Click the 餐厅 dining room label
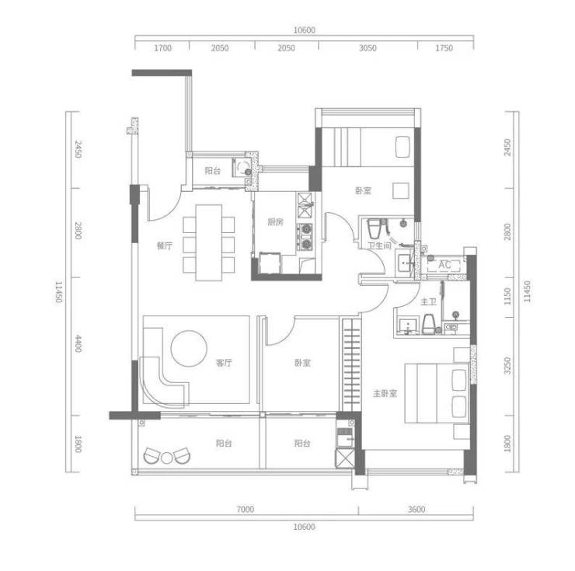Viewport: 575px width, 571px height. pos(164,245)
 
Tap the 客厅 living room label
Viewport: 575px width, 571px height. pos(224,363)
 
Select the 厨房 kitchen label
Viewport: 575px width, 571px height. pos(275,222)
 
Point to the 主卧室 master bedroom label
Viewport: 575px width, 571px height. pos(385,394)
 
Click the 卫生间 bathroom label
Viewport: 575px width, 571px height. pos(380,245)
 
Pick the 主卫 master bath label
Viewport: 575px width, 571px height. pos(428,302)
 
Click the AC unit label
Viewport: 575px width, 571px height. pos(444,265)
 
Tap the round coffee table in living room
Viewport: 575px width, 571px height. pos(189,348)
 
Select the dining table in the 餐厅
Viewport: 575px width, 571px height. pos(209,242)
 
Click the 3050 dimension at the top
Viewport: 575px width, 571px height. pos(368,48)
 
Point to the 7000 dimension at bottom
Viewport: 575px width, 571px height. pos(246,510)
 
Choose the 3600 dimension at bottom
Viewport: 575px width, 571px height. pos(416,510)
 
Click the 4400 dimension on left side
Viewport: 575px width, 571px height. pos(78,343)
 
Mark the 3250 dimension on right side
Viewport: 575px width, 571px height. pos(507,366)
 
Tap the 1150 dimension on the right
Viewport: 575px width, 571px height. pos(507,296)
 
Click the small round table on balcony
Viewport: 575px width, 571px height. pos(167,458)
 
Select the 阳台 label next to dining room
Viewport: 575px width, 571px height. pos(213,171)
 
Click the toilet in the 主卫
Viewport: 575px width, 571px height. pos(428,324)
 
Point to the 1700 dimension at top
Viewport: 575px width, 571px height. pos(162,48)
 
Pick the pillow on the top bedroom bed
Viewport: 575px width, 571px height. pos(402,147)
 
